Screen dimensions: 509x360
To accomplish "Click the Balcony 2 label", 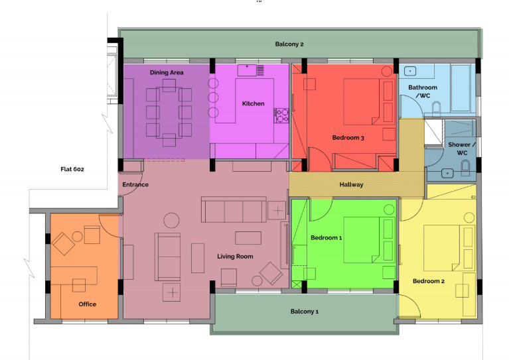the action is coord(289,44).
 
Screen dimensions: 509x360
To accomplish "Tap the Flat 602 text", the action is coord(72,169).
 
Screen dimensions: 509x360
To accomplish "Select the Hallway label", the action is coord(351,184).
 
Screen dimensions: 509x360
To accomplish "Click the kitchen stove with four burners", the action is coord(281,115).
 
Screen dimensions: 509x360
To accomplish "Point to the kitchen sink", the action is coord(247,70).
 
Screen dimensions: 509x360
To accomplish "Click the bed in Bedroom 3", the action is coord(362,101).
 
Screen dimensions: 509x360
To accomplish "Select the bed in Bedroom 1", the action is coord(362,240).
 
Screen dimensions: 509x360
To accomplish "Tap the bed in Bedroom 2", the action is coord(441,248).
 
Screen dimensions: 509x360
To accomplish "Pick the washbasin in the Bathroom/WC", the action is coord(410,71).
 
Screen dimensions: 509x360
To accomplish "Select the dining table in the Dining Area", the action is coord(169,112).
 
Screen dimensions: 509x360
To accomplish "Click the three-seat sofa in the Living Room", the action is coord(234,210).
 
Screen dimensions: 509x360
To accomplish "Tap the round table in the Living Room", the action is coord(171,221).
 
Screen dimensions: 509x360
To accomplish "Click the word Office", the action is coord(88,304).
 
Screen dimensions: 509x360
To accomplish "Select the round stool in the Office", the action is coord(77,237).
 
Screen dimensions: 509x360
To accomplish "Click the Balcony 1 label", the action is coord(305,312).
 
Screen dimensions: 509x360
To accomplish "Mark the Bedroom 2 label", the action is coord(429,281).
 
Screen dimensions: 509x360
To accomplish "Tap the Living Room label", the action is coord(235,257).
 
